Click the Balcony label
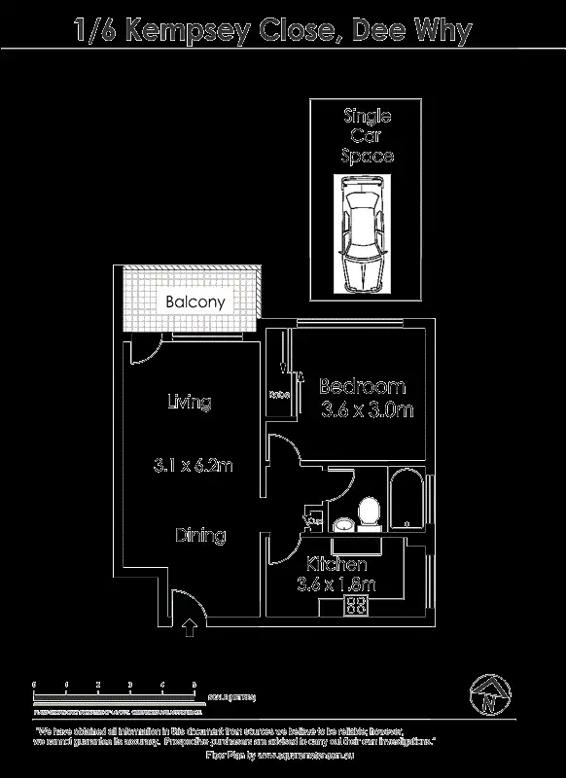(195, 301)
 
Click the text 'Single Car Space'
(367, 135)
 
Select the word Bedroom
(362, 386)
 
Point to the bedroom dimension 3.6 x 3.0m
(367, 410)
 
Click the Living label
(189, 402)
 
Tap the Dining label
(200, 535)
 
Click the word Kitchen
(336, 564)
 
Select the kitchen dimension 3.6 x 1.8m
(336, 584)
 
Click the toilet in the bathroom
(369, 513)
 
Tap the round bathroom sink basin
(343, 525)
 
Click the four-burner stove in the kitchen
(355, 606)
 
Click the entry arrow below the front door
(189, 628)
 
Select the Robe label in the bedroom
(279, 395)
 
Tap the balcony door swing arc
(143, 352)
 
